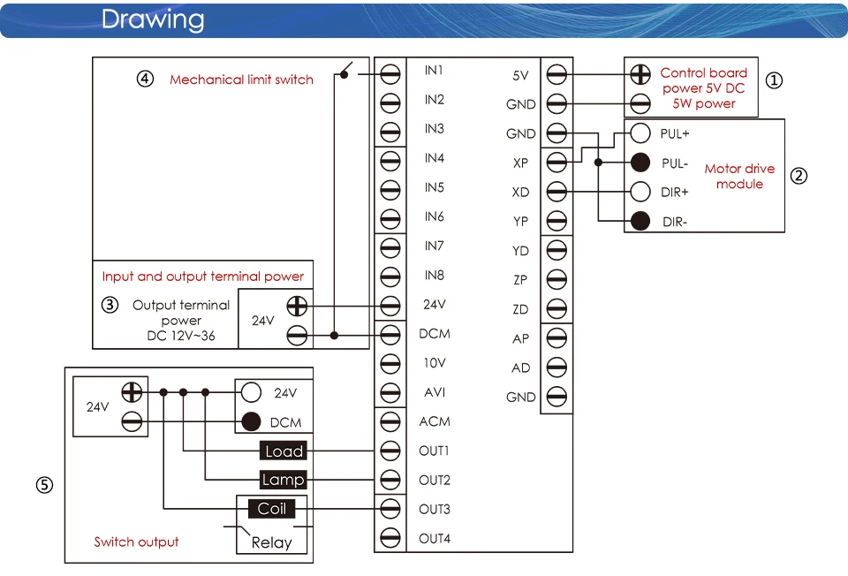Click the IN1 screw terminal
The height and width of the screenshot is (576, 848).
pos(390,74)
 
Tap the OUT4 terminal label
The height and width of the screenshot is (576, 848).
pos(435,539)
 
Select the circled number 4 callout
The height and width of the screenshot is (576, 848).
pos(145,79)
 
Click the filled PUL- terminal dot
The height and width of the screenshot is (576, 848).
pos(640,163)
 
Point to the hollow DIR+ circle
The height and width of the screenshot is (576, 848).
pos(640,192)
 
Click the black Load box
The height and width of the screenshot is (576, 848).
pos(284,451)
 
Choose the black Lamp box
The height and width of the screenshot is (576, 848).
pos(283,480)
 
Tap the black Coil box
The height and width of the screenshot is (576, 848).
pos(271,508)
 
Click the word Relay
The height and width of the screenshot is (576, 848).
pos(271,542)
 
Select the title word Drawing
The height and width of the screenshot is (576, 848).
pos(153,20)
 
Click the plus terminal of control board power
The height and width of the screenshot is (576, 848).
pos(640,74)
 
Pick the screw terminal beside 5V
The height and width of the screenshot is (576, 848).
pos(556,74)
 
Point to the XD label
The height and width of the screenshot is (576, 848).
pos(520,192)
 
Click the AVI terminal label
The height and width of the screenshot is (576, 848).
pos(435,392)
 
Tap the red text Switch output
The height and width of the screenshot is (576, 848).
pos(136,542)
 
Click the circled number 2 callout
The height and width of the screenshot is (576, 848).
pos(799,176)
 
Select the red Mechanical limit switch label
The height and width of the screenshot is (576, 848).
pos(241,80)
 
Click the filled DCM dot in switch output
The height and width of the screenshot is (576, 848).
pos(251,422)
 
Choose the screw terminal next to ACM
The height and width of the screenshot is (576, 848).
pos(390,421)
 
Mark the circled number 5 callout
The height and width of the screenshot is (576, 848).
pos(44,485)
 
